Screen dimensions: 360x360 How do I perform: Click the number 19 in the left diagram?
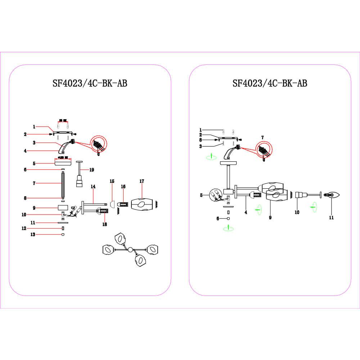pos(91,169)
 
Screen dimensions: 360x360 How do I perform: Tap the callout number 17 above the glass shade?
pos(141,181)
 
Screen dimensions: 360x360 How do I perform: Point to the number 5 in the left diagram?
pos(34,163)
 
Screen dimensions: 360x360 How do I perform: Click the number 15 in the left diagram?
pos(112,181)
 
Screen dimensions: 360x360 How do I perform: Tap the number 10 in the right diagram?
pos(297,212)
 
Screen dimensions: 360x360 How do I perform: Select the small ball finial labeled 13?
pos(63,234)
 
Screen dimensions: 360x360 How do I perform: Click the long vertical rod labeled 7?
pos(63,185)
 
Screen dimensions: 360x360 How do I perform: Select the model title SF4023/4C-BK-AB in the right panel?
pos(270,84)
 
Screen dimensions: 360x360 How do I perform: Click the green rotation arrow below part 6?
pos(228,228)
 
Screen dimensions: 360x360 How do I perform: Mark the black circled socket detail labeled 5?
pos(218,196)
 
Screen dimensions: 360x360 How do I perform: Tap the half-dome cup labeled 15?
pos(112,204)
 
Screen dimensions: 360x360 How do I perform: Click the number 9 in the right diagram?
pos(270,217)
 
